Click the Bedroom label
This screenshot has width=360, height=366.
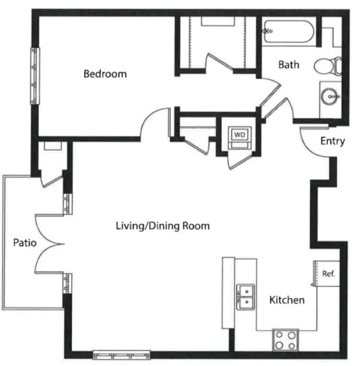tap(105, 74)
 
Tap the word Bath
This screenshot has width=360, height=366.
tap(289, 65)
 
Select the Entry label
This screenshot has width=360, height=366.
tap(332, 141)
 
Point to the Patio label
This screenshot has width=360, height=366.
tap(25, 243)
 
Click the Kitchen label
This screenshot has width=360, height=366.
tap(287, 300)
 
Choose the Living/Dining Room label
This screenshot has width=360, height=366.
tap(163, 226)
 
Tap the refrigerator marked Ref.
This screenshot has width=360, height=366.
tap(327, 274)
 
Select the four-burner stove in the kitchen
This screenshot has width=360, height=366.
tap(285, 340)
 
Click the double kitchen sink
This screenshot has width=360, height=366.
tap(246, 297)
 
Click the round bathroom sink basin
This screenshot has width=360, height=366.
tap(329, 96)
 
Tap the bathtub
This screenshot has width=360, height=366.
tap(288, 31)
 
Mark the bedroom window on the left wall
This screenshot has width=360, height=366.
tap(35, 76)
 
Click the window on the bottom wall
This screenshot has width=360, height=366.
tap(122, 354)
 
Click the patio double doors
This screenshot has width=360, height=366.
tap(49, 244)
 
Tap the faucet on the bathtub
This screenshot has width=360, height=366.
tap(268, 31)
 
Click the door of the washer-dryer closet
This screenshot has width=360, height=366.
tap(241, 161)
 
